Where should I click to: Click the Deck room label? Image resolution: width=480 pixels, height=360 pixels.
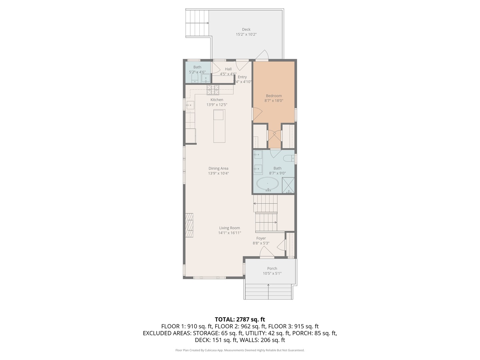(246, 29)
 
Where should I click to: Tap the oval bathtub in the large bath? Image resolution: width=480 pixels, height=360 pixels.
(267, 184)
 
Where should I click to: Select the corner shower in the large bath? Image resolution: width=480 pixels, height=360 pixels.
(288, 185)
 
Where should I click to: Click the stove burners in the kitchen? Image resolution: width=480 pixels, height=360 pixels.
(213, 90)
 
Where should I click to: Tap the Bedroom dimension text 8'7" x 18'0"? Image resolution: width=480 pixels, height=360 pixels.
(274, 101)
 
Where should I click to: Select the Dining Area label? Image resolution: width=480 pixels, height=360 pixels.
(218, 168)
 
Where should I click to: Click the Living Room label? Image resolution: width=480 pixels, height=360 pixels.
(229, 228)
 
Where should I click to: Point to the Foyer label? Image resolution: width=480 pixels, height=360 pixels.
(261, 238)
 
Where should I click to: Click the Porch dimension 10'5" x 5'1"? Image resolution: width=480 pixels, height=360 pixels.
(272, 273)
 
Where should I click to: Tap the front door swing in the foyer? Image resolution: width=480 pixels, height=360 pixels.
(267, 252)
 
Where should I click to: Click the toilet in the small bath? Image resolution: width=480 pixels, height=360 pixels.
(195, 78)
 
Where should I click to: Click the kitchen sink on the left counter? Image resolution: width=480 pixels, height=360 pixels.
(190, 105)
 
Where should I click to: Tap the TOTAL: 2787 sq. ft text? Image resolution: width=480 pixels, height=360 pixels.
(240, 319)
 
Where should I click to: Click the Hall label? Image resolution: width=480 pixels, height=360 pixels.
(228, 69)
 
